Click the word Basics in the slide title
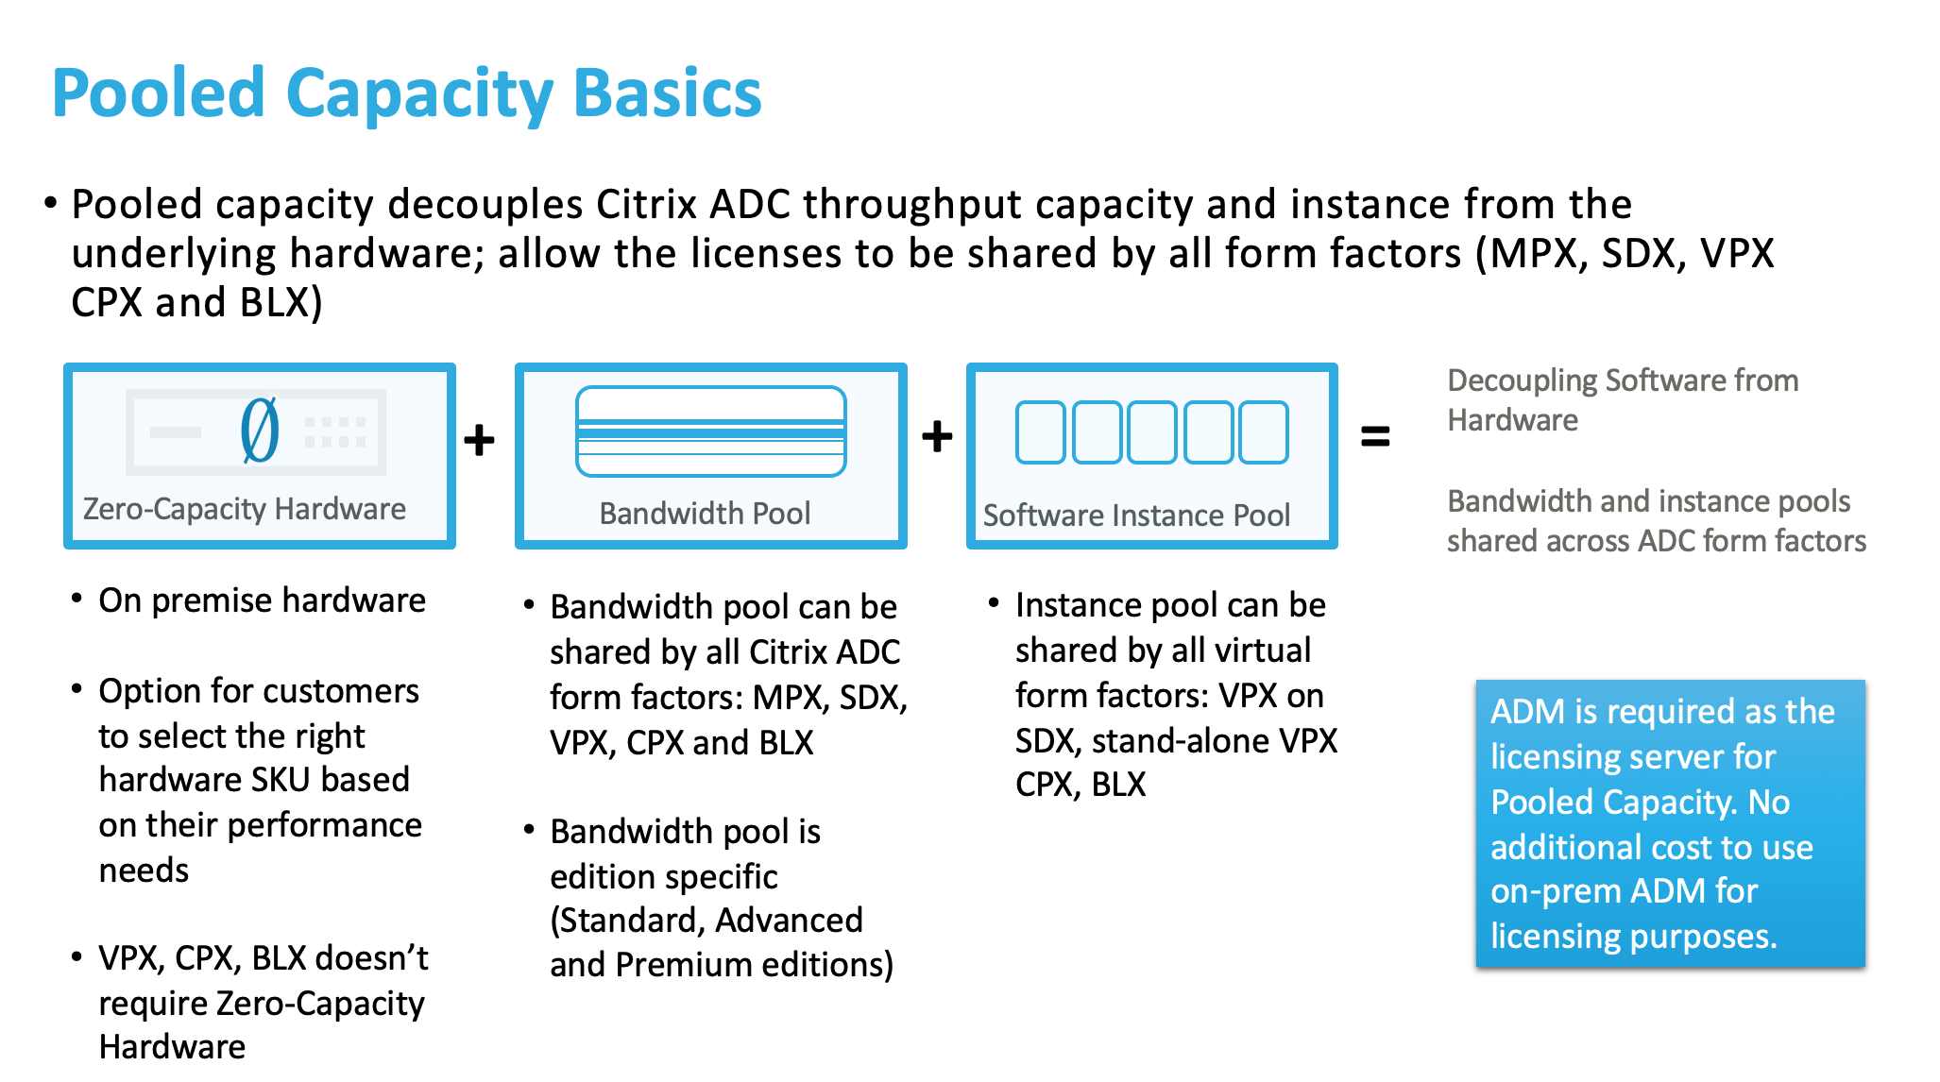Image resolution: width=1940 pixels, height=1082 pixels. click(x=667, y=93)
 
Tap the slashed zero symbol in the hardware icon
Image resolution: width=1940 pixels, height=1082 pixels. click(x=260, y=430)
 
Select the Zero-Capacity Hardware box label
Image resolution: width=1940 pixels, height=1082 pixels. click(x=244, y=509)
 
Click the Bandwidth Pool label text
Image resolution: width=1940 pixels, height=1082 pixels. click(x=705, y=513)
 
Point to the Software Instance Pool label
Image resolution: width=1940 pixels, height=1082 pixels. click(x=1136, y=515)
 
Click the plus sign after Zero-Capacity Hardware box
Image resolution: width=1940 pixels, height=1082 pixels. click(x=480, y=439)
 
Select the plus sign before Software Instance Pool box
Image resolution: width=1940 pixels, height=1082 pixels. click(x=937, y=436)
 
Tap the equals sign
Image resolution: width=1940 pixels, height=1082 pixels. click(x=1375, y=436)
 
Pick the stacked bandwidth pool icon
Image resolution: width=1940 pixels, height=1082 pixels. click(x=710, y=431)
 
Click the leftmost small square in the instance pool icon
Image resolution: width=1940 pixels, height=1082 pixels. click(x=1041, y=432)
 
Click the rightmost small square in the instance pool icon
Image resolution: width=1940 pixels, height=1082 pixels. click(x=1264, y=432)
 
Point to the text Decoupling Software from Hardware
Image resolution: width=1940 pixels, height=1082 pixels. click(x=1622, y=399)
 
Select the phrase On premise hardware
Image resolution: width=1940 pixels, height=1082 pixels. click(x=262, y=600)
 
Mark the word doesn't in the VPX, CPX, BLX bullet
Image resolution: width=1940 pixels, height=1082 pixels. click(x=372, y=958)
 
